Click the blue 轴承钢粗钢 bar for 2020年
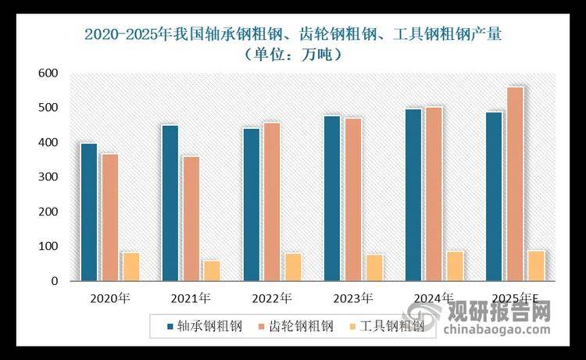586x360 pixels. [88, 211]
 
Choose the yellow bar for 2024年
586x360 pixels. [454, 265]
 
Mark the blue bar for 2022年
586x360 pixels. [252, 204]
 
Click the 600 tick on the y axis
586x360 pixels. [48, 73]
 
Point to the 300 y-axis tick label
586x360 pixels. [48, 177]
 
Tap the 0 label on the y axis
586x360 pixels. [54, 281]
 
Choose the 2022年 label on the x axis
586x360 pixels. [271, 298]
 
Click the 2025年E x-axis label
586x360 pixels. [515, 298]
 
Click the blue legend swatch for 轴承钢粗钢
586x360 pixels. [169, 326]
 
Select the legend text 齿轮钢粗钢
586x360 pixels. [308, 326]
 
